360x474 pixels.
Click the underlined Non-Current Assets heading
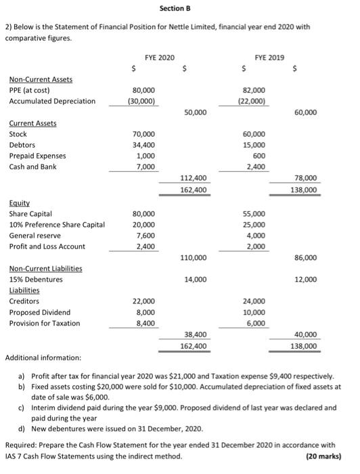(x=41, y=79)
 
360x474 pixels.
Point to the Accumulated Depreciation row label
(x=51, y=101)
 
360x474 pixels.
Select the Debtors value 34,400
(x=144, y=144)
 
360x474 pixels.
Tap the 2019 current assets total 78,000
(x=305, y=177)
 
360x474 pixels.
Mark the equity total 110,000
(x=195, y=257)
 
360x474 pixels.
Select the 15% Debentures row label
(x=36, y=279)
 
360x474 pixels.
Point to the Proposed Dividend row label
(x=40, y=312)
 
